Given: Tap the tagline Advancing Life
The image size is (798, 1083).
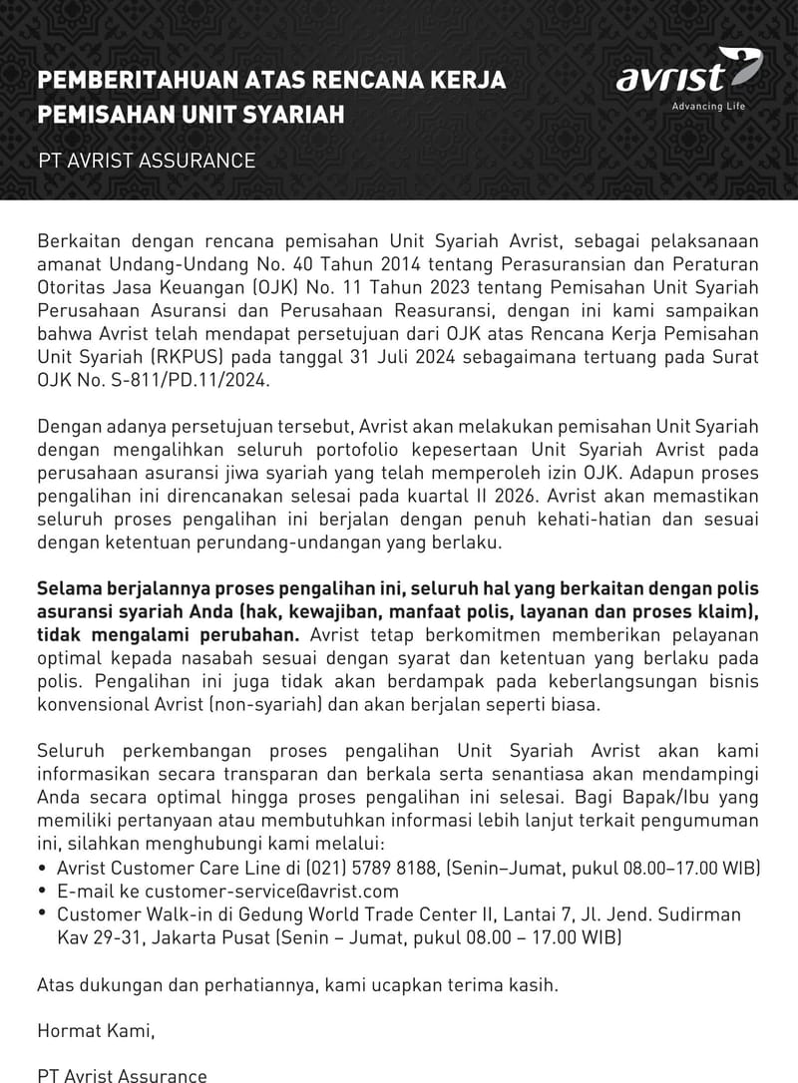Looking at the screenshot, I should [708, 107].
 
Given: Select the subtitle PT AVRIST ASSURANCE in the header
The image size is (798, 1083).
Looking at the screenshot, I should [147, 161].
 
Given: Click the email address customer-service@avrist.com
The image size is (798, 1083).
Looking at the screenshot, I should [271, 891].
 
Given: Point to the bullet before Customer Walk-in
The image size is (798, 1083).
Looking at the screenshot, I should [43, 913].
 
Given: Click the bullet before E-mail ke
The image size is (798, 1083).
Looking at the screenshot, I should [43, 891].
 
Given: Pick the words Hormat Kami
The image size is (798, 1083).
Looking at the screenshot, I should [96, 1031].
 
